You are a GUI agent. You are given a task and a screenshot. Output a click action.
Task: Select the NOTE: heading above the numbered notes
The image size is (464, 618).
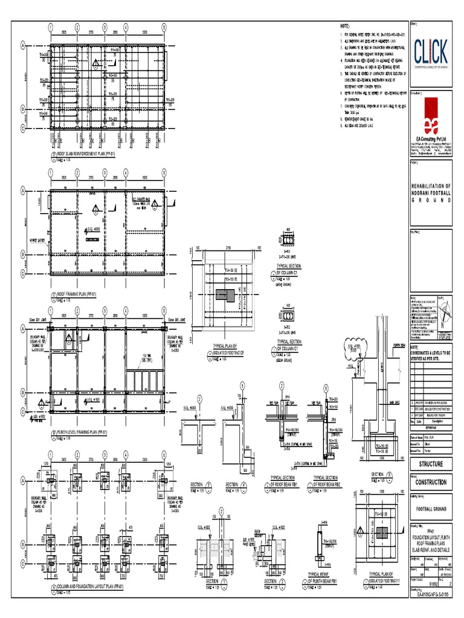click(345, 27)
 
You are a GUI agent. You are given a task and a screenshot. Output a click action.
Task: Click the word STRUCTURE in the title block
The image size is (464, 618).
click(431, 464)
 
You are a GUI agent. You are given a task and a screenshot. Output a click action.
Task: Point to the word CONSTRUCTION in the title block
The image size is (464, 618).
click(431, 482)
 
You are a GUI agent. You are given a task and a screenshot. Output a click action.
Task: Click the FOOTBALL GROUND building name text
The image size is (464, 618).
click(431, 509)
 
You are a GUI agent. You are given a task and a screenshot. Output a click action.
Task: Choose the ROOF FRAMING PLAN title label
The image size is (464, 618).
click(82, 294)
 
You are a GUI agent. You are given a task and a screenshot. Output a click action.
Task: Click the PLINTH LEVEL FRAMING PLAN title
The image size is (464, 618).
click(85, 433)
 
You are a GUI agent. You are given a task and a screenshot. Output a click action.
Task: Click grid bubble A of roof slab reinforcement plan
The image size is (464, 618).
click(24, 45)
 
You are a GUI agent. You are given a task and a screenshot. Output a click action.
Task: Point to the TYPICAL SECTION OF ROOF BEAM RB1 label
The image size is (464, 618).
click(285, 480)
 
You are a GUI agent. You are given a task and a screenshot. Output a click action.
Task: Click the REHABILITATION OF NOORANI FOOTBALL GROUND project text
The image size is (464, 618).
click(431, 193)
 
